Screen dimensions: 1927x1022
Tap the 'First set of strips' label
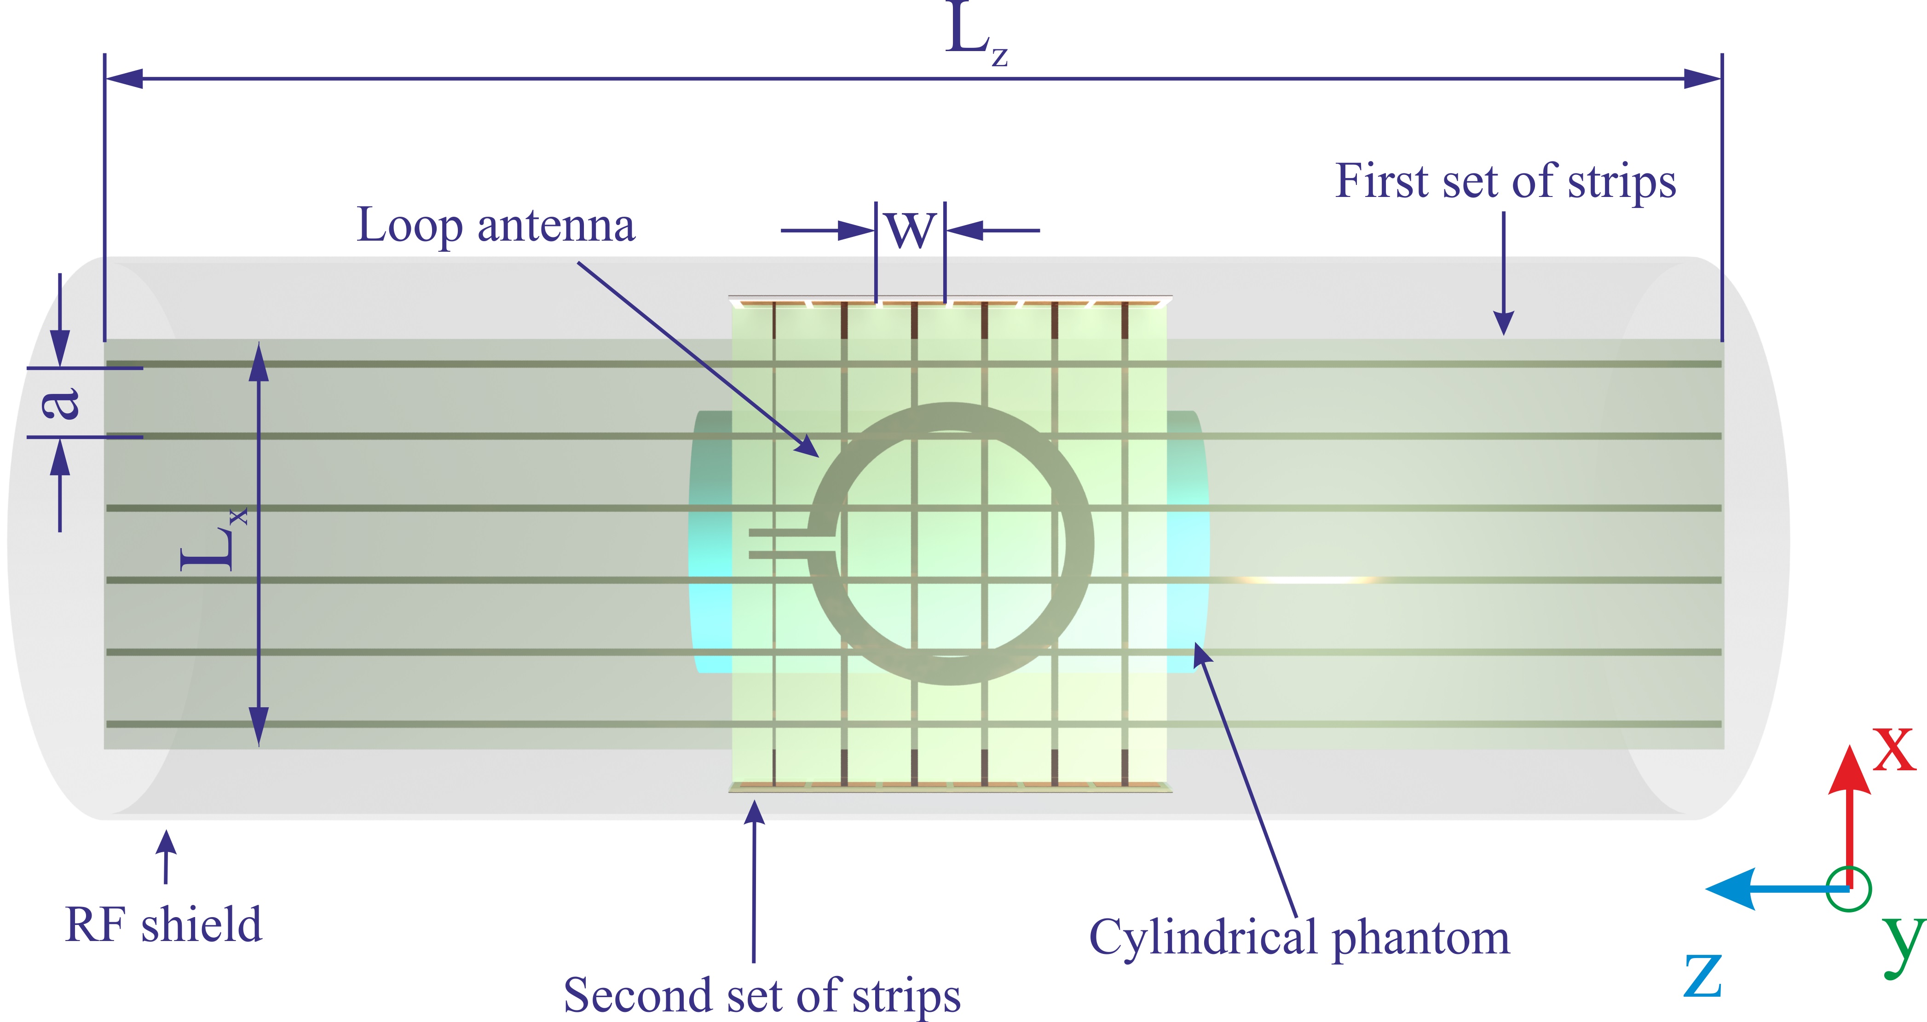click(x=1505, y=182)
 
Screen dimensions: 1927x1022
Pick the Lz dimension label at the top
click(x=975, y=34)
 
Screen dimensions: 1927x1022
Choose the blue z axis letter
click(x=1702, y=976)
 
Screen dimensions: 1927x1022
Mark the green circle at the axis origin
click(x=1848, y=889)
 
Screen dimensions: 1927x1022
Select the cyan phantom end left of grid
click(x=710, y=542)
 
